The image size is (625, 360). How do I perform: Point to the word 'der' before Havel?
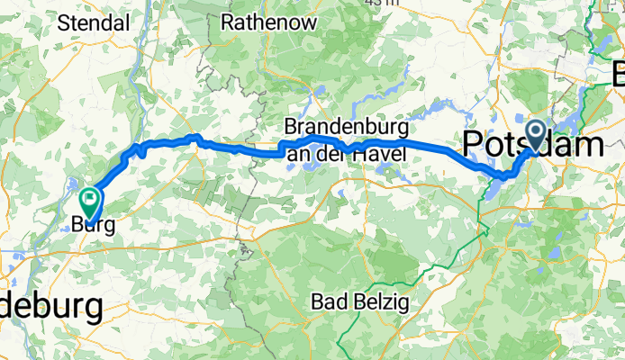pos(330,154)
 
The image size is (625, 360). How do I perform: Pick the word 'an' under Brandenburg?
pos(298,154)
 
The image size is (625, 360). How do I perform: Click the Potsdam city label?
pos(533,144)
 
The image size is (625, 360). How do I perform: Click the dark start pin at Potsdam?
pos(536,136)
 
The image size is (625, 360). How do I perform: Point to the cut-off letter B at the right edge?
pos(618,72)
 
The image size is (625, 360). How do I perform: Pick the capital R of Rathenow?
pos(228,21)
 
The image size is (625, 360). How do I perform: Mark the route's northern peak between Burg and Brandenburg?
pos(193,137)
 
